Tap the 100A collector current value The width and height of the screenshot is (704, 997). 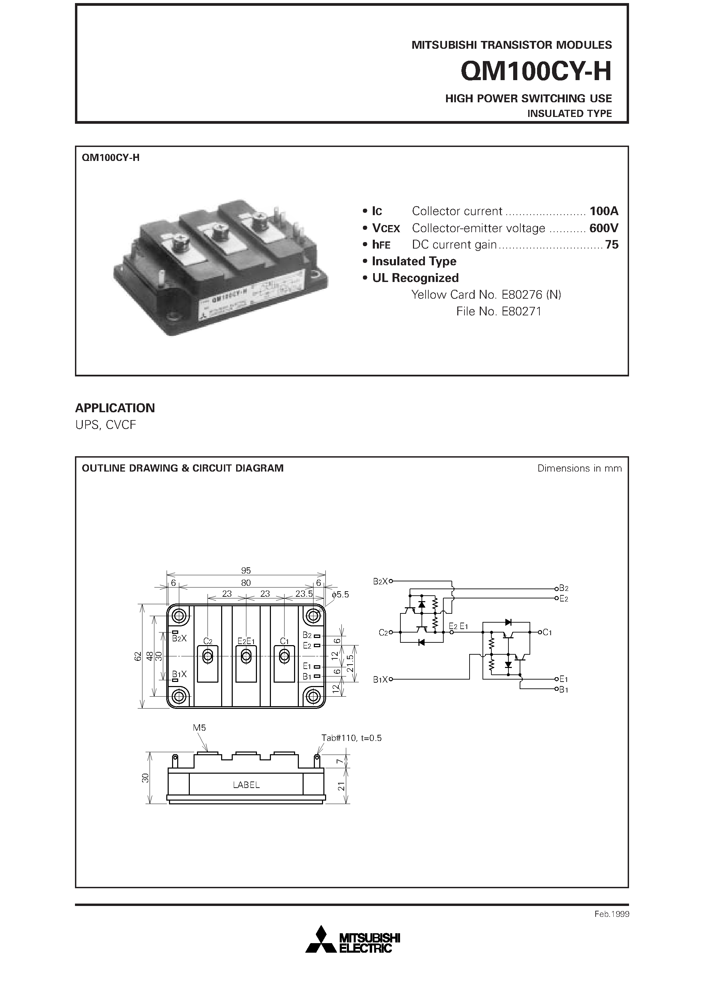pos(603,211)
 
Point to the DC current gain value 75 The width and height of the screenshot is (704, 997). pos(612,245)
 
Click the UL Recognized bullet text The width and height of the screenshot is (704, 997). pos(415,278)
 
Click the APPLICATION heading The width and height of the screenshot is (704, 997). pos(115,408)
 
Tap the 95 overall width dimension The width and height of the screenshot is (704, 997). pos(246,570)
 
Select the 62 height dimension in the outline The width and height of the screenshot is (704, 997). pos(138,656)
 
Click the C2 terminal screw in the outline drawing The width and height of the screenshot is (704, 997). pos(208,657)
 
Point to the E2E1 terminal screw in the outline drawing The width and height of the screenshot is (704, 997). pos(246,657)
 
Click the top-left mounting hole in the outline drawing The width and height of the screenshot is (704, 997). pos(179,615)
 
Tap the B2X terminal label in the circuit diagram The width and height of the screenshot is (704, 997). pos(380,581)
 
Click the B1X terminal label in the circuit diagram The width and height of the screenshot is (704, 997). pos(380,680)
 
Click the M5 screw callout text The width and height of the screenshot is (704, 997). pos(199,728)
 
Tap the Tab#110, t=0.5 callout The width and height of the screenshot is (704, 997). pos(352,738)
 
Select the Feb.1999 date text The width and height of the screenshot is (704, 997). pos(612,914)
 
